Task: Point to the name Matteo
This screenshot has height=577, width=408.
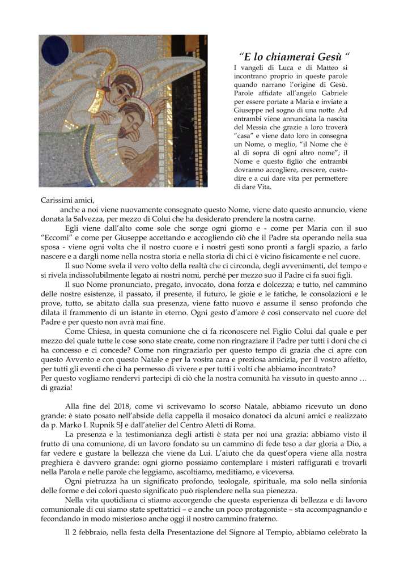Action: coord(326,68)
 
